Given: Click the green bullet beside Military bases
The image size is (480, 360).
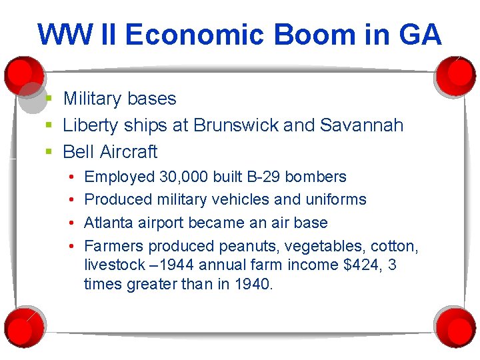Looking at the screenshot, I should pyautogui.click(x=49, y=99).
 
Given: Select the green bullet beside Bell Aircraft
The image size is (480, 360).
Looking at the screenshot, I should pyautogui.click(x=49, y=153).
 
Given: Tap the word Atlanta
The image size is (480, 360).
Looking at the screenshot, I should pyautogui.click(x=109, y=222).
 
